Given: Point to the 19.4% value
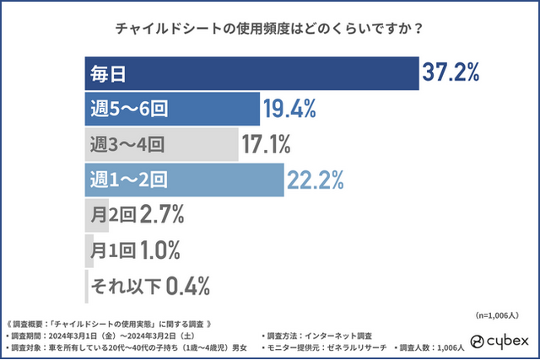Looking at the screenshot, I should (290, 108).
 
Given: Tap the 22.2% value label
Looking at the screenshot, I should (315, 179).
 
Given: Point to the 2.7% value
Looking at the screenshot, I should (161, 214).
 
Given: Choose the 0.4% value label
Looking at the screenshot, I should (187, 285).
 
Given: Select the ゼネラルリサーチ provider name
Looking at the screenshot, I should (364, 347).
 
